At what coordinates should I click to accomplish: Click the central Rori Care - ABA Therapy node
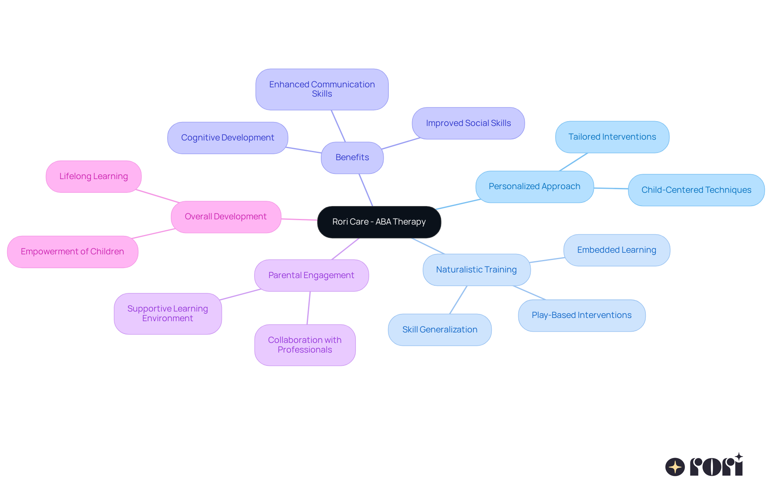click(379, 222)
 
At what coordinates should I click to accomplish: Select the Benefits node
click(352, 157)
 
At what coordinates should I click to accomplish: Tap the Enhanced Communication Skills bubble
click(322, 89)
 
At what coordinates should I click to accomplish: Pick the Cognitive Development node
click(228, 138)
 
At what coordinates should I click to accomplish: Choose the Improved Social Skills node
click(468, 123)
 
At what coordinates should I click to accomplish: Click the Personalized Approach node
click(534, 186)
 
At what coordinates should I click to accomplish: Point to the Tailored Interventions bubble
click(612, 137)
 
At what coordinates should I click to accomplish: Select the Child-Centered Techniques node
click(696, 190)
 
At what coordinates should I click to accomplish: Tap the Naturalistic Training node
click(476, 270)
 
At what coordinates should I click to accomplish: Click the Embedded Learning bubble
click(616, 250)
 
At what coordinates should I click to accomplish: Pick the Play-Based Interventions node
click(581, 315)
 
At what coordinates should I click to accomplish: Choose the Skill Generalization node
click(439, 330)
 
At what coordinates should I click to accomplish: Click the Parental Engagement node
click(311, 275)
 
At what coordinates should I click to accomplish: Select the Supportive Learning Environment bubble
click(168, 314)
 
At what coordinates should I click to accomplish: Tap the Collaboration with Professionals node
click(305, 345)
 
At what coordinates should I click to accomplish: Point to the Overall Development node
click(226, 217)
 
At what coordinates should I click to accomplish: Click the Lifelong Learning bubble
click(94, 176)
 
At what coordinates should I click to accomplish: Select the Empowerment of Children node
click(72, 252)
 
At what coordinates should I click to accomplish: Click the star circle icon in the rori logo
click(675, 467)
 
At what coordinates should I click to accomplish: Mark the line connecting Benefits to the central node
click(366, 190)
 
